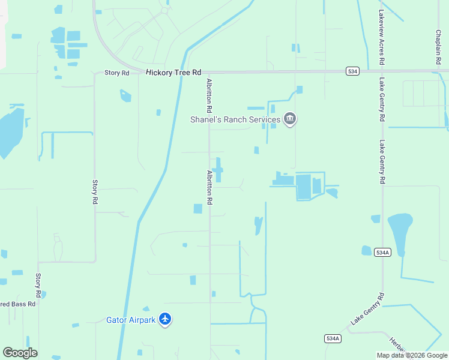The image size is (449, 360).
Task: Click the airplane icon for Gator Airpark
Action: click(x=166, y=320)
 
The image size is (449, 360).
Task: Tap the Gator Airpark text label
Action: click(x=131, y=320)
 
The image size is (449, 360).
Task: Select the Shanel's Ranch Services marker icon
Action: click(x=290, y=119)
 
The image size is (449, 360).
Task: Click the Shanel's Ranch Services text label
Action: click(x=235, y=120)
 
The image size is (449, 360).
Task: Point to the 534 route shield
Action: click(x=352, y=71)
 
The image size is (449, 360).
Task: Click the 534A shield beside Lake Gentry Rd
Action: click(x=382, y=253)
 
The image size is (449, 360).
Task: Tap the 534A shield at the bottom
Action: click(x=333, y=338)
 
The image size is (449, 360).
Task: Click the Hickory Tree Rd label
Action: click(x=173, y=72)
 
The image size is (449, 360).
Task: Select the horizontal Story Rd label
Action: click(x=116, y=73)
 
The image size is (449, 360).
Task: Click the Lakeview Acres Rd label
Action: click(x=381, y=37)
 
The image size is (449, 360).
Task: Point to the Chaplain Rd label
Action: click(x=439, y=47)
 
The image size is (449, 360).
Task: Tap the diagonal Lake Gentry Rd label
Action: click(x=367, y=309)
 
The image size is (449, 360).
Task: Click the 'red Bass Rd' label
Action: click(x=18, y=304)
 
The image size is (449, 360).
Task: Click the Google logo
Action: click(x=20, y=353)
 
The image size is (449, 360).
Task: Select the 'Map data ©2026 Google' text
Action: click(x=412, y=355)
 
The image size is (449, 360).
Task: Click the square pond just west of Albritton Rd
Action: click(x=197, y=208)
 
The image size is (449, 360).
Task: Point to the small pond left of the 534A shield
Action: click(x=367, y=251)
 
